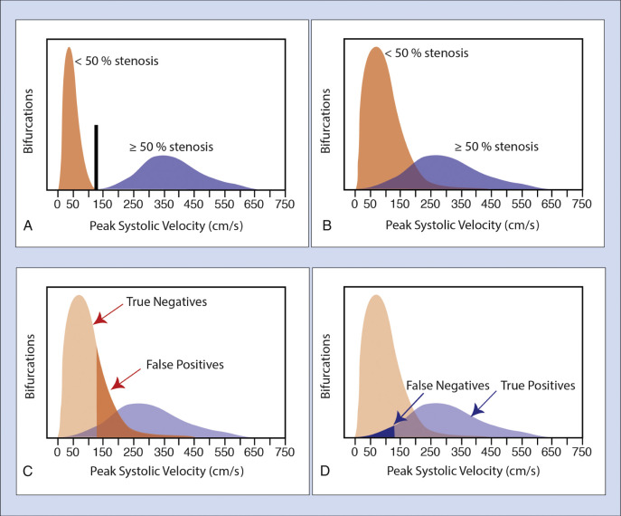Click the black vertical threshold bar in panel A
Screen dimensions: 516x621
[97, 156]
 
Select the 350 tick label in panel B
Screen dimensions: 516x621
[463, 203]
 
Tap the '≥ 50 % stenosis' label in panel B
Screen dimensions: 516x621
[495, 146]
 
